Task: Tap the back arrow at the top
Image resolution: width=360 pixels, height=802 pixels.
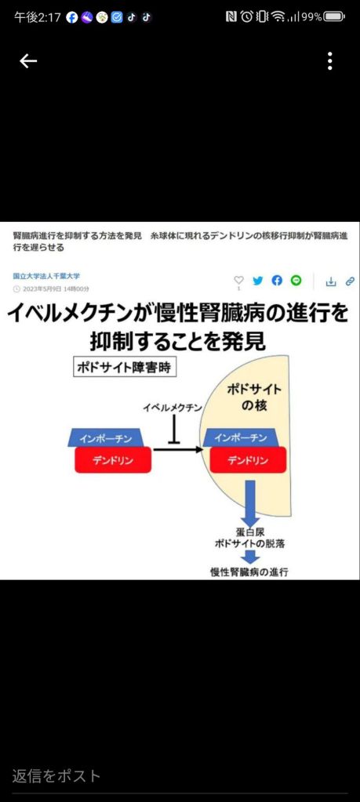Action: point(28,61)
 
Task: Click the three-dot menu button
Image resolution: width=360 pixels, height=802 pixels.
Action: point(330,61)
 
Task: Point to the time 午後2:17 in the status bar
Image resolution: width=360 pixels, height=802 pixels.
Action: point(38,17)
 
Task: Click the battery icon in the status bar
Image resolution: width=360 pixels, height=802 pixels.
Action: point(334,17)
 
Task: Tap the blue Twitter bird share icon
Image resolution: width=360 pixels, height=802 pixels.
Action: point(258,281)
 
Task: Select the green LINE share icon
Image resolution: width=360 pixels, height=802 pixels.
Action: point(296,281)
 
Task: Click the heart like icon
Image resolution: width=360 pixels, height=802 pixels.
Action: point(238,281)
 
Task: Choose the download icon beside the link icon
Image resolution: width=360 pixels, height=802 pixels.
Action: point(331,281)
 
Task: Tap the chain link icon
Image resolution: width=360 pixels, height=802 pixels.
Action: point(351,281)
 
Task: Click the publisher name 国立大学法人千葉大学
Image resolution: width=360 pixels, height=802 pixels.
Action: point(46,276)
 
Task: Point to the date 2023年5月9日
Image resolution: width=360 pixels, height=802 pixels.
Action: point(42,289)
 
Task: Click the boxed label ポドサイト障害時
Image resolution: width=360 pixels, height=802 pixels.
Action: point(125,368)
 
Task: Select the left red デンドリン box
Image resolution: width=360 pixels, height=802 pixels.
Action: point(113,460)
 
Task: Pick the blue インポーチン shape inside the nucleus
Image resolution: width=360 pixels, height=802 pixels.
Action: point(241,437)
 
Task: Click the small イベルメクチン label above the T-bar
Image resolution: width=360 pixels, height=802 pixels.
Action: point(173,408)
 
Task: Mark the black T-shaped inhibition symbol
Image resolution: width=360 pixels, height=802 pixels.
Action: point(175,430)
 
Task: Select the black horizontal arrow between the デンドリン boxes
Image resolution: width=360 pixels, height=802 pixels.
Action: point(178,449)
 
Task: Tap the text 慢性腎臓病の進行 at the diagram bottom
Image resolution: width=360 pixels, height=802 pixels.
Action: point(249,572)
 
